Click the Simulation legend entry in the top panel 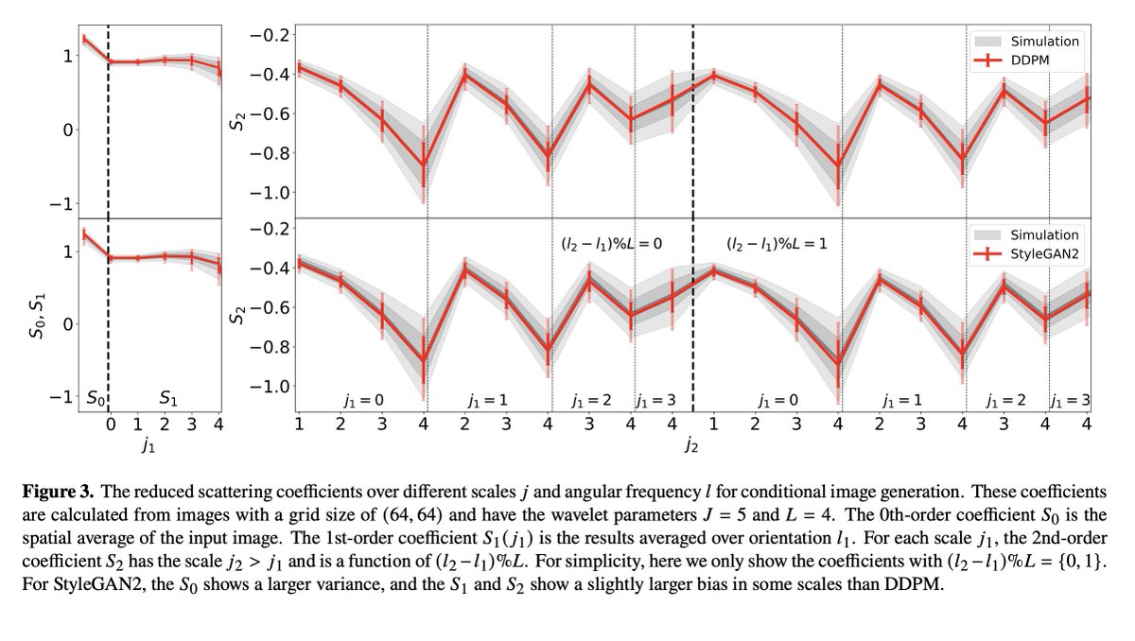1044,41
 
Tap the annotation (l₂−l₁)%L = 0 607,243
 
